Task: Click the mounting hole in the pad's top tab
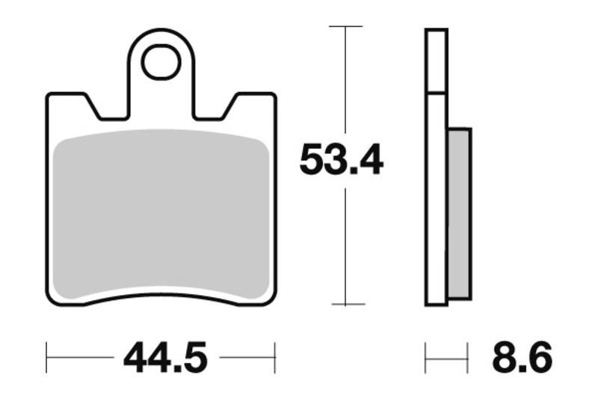[x=161, y=61]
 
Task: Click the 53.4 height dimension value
[x=341, y=159]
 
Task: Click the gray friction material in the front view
[x=162, y=213]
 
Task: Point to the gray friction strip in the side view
[x=459, y=213]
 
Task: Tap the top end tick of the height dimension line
[x=347, y=26]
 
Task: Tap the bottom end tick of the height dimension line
[x=347, y=305]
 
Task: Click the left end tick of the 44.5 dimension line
[x=47, y=357]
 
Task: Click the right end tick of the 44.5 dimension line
[x=276, y=357]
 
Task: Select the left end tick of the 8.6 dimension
[x=426, y=357]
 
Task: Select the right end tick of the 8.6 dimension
[x=468, y=357]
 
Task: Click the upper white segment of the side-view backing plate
[x=437, y=61]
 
